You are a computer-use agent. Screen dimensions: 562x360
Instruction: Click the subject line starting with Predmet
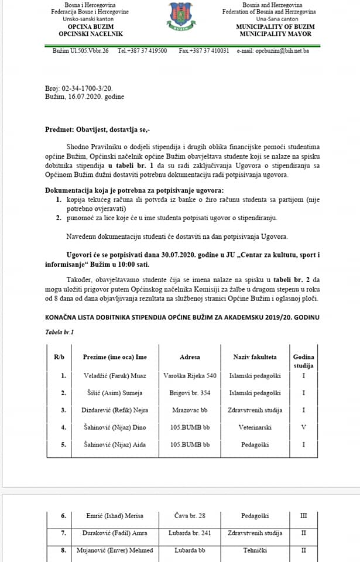[94, 129]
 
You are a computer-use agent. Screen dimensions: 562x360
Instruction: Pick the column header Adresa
[190, 357]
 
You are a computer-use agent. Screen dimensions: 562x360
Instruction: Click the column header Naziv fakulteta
[255, 357]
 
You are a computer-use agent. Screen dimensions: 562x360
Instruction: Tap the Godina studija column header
[303, 361]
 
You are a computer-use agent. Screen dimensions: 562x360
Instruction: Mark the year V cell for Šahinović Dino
[303, 428]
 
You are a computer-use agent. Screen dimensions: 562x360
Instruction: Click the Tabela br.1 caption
[60, 332]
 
